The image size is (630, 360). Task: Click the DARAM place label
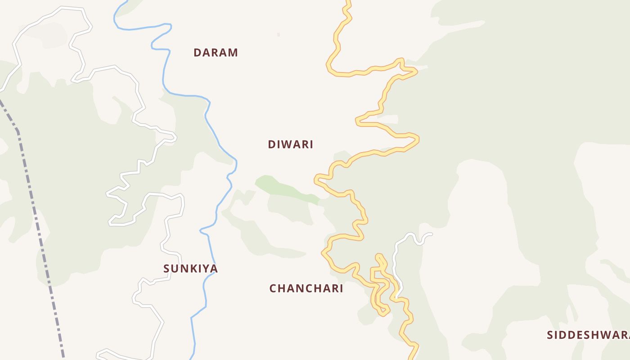[216, 53]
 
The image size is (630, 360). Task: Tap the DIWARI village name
[290, 144]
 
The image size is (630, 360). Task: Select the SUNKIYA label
[190, 269]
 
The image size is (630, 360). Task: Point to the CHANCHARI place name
[306, 288]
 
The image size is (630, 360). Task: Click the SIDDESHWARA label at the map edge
[588, 335]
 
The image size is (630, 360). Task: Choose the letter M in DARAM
[233, 53]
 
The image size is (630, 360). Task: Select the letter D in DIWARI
[271, 144]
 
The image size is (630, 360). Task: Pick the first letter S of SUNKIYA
[167, 269]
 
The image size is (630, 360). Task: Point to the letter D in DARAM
[197, 53]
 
